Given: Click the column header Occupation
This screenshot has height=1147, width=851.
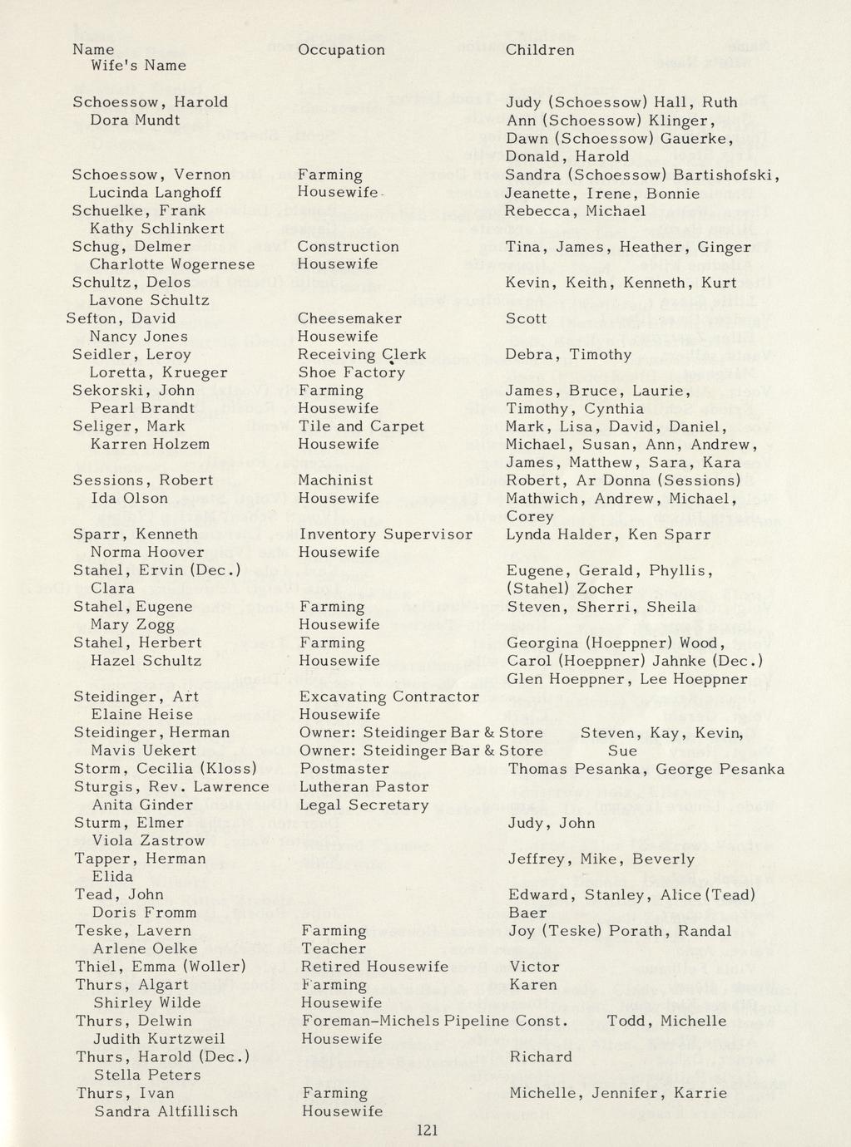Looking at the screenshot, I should pyautogui.click(x=341, y=50).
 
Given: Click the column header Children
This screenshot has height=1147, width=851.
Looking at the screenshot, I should pyautogui.click(x=540, y=50).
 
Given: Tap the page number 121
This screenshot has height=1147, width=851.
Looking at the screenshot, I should pyautogui.click(x=425, y=1130).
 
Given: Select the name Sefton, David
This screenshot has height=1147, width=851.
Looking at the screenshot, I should pyautogui.click(x=121, y=318).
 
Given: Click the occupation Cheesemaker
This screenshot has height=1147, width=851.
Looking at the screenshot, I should pyautogui.click(x=349, y=318).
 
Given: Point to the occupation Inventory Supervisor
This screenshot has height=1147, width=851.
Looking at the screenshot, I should pyautogui.click(x=385, y=534).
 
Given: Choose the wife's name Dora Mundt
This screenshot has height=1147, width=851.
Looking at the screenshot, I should pyautogui.click(x=135, y=120).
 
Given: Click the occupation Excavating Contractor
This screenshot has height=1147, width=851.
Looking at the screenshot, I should pyautogui.click(x=388, y=697).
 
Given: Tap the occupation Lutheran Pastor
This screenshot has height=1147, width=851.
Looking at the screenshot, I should pyautogui.click(x=364, y=786).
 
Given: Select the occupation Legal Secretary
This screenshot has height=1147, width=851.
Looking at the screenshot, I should pyautogui.click(x=364, y=805).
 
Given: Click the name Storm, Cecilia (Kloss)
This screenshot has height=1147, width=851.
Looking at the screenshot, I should pyautogui.click(x=165, y=768).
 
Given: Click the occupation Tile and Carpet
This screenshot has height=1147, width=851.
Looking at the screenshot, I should pyautogui.click(x=361, y=426).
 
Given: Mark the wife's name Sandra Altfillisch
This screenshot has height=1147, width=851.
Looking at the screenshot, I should pyautogui.click(x=166, y=1111).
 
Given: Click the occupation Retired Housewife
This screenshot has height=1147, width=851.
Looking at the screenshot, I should pyautogui.click(x=374, y=967).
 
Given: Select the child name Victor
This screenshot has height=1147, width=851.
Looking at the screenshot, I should pyautogui.click(x=534, y=967).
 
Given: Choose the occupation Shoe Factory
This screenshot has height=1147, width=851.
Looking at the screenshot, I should pyautogui.click(x=351, y=372).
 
